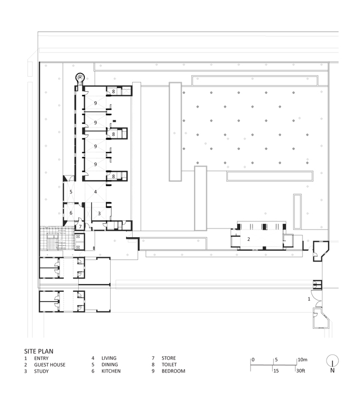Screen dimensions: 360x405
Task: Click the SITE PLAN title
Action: click(39, 351)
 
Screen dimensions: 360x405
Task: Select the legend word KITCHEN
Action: click(111, 371)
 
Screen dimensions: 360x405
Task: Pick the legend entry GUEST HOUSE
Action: click(50, 365)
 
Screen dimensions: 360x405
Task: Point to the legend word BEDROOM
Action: click(173, 371)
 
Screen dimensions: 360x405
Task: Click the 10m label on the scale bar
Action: click(302, 360)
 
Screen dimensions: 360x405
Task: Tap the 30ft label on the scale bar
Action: click(301, 371)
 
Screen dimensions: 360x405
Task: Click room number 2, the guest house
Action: click(248, 239)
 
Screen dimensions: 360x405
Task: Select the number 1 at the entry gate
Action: click(309, 299)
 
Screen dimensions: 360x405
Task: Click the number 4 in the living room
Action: click(96, 191)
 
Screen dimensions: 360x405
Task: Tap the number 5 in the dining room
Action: click(71, 192)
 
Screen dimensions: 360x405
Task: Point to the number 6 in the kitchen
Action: click(71, 213)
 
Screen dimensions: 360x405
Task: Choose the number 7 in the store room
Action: click(80, 226)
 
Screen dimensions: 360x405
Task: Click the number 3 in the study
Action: click(99, 214)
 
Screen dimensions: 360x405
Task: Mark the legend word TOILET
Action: click(169, 364)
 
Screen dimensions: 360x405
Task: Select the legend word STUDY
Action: click(41, 371)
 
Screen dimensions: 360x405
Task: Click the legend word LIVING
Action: click(109, 358)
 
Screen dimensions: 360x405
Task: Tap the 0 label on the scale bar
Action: click(253, 360)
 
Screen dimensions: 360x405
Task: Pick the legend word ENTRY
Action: click(41, 358)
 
